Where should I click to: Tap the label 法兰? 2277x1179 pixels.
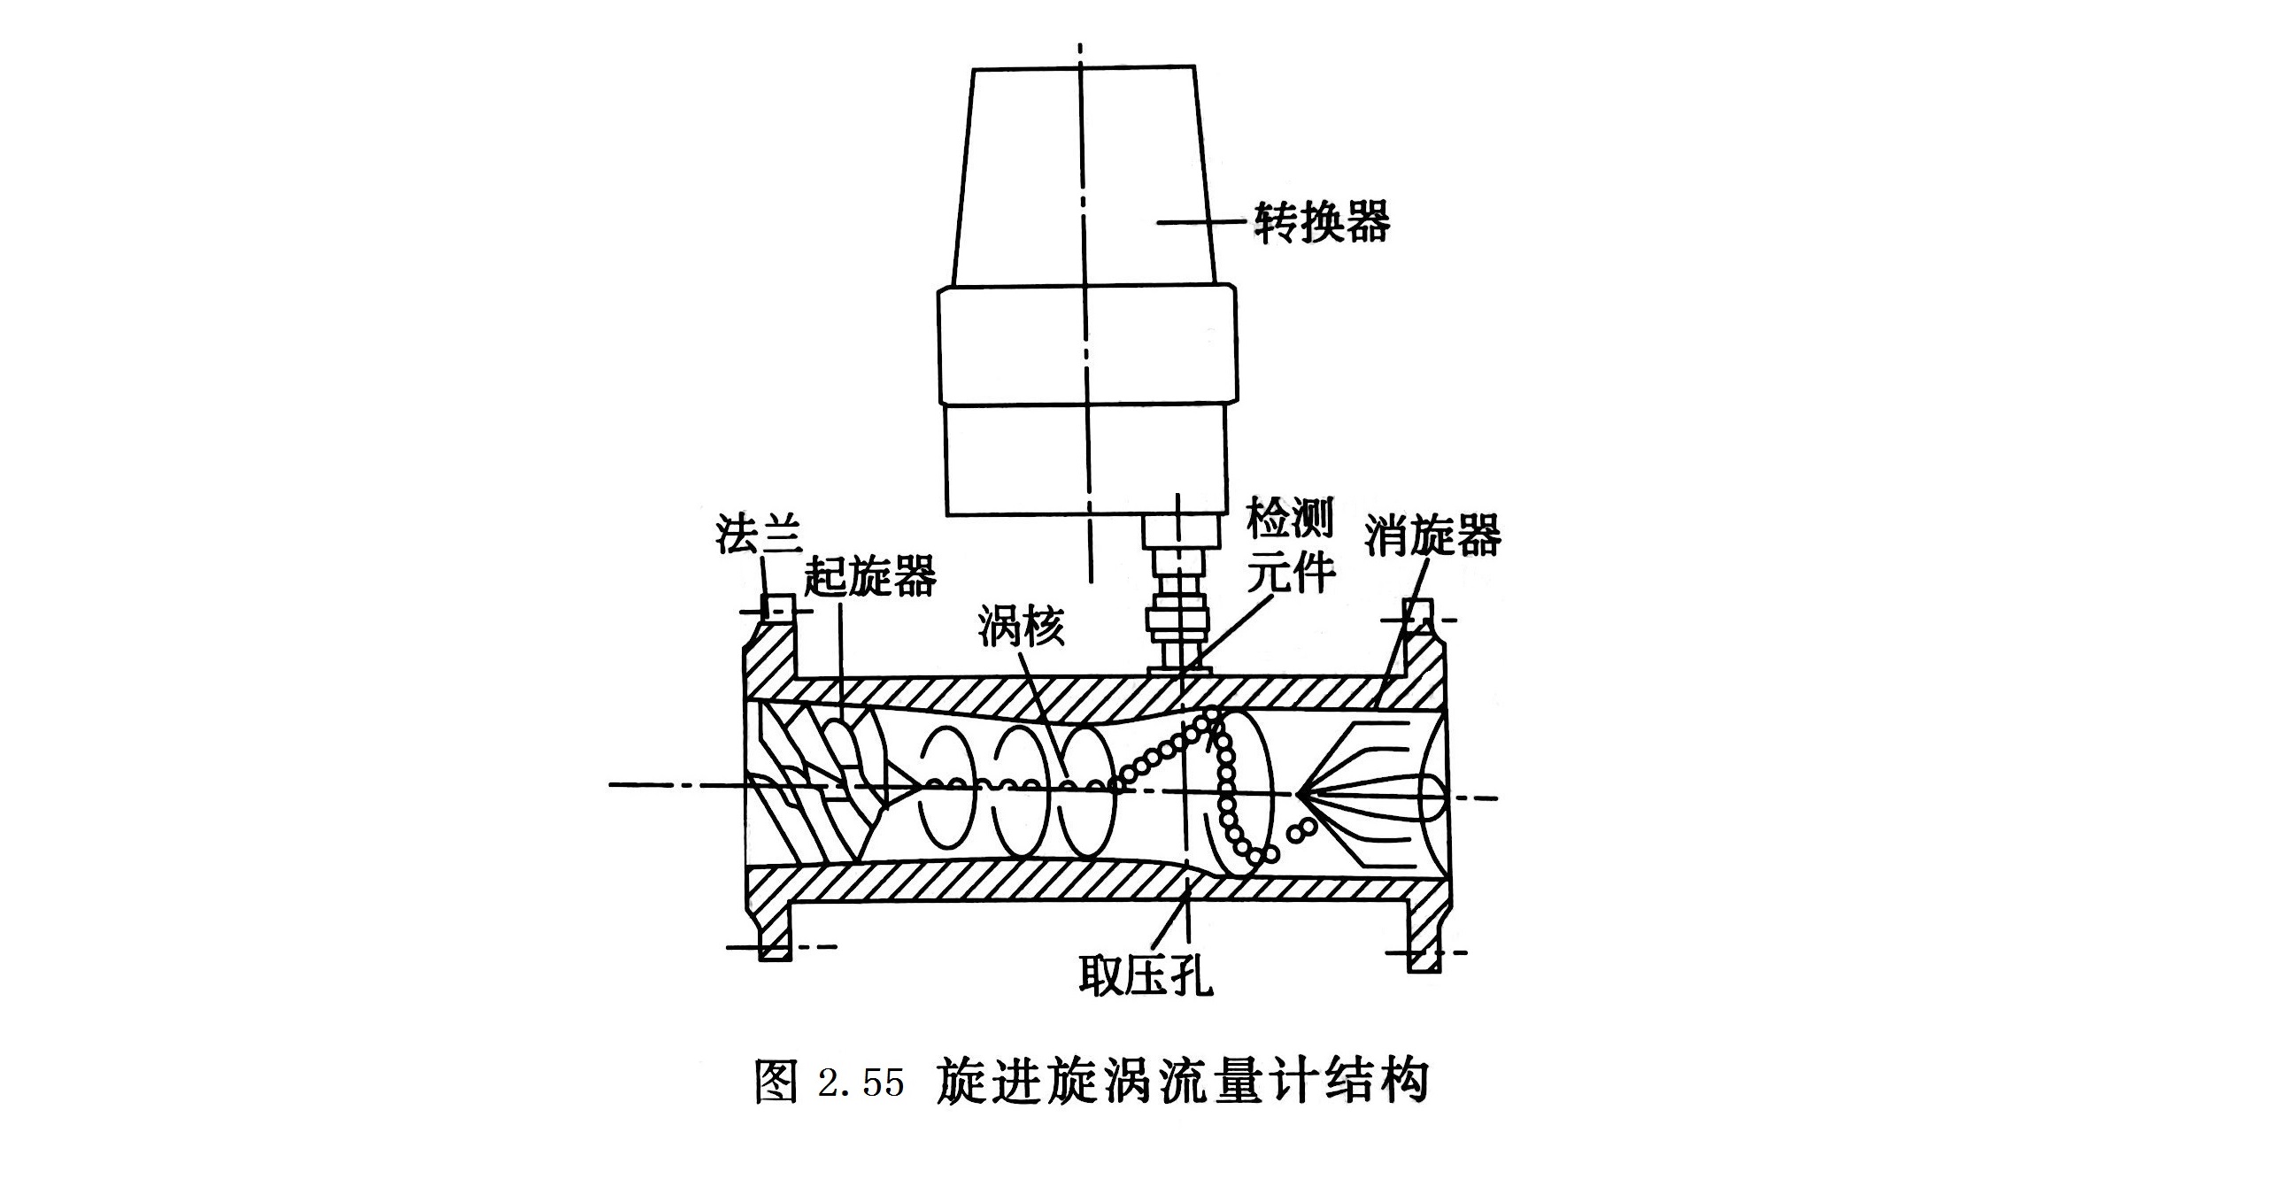[x=759, y=534]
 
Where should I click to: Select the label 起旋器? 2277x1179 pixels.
[x=869, y=577]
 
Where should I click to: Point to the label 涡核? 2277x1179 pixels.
[x=1021, y=628]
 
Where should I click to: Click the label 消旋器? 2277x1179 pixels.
[x=1432, y=535]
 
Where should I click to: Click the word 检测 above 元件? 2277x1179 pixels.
[x=1289, y=518]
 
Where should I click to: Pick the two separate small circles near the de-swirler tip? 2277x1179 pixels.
[x=1300, y=830]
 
